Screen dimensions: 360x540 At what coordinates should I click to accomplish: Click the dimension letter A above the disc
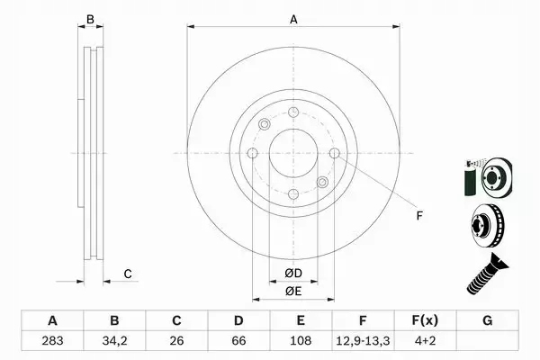coord(292,18)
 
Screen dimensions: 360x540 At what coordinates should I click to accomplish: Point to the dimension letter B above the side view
coord(89,19)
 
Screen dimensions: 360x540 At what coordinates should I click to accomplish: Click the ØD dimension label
coord(292,273)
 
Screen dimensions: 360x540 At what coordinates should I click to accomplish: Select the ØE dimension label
coord(292,290)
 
